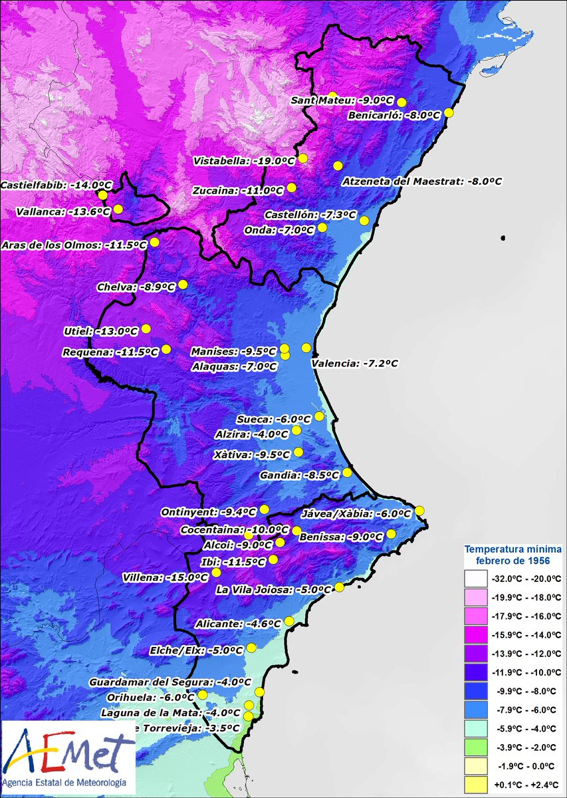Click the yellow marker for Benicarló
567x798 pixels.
click(449, 112)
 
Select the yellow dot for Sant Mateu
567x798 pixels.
click(333, 96)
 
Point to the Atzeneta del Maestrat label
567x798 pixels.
click(422, 181)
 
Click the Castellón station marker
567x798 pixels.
click(364, 220)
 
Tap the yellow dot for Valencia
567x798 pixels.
click(306, 347)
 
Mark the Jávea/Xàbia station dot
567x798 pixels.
click(419, 511)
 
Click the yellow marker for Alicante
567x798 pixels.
click(288, 621)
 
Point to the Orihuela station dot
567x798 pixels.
click(203, 695)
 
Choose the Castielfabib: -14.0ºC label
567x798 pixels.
click(48, 186)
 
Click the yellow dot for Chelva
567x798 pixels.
click(183, 284)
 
